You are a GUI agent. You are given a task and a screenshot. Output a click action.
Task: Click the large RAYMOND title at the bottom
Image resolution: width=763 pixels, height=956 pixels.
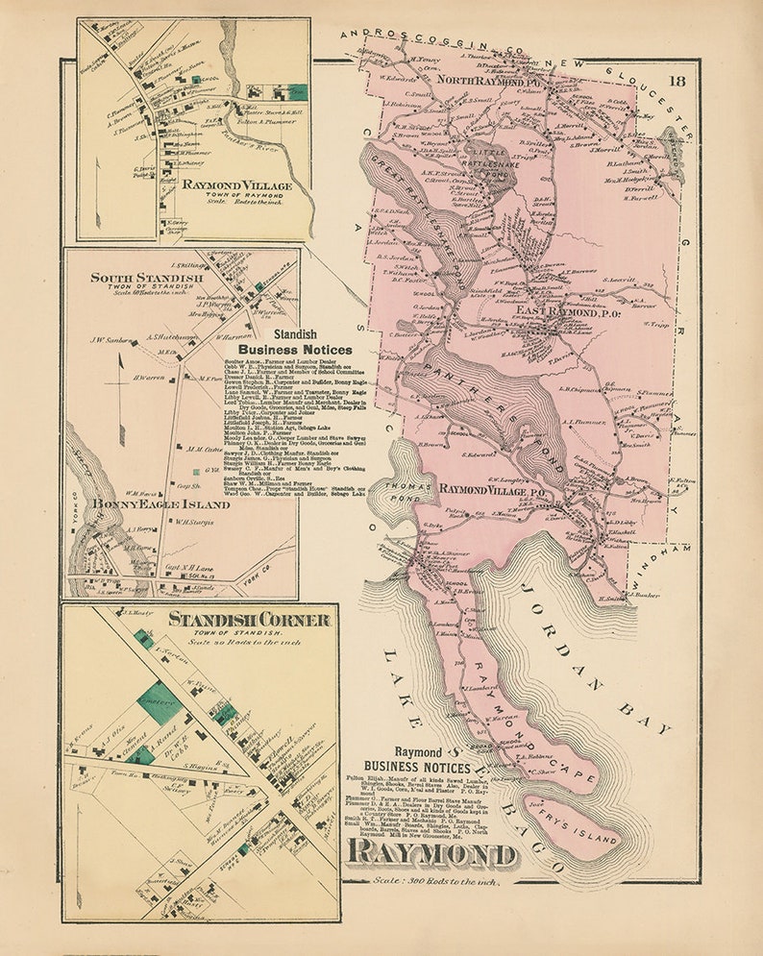pos(431,852)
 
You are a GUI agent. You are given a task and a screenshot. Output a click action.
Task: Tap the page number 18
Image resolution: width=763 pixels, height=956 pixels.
pos(677,81)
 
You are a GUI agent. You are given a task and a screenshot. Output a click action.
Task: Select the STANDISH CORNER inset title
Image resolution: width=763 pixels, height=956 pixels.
pos(250,620)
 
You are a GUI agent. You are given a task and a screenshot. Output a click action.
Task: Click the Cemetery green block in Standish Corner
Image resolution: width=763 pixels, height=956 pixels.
pos(158,702)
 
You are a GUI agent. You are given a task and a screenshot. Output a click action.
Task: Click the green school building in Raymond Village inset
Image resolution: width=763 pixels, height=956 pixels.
pos(196,81)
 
